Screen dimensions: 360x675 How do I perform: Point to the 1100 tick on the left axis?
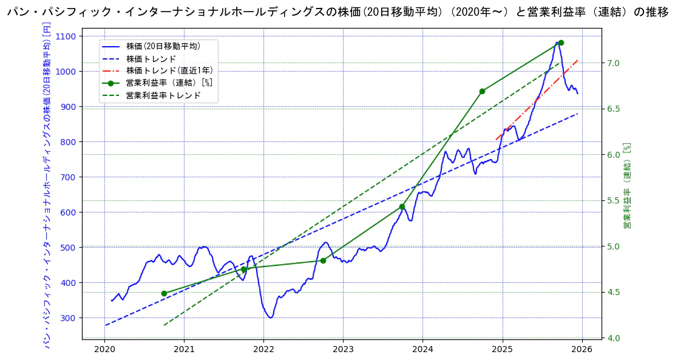(66, 36)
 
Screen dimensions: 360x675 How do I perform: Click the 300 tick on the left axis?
(68, 318)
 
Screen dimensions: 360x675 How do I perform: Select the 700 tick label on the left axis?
(68, 177)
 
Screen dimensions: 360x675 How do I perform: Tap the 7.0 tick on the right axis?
(612, 63)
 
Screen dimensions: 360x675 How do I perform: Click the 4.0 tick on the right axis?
(612, 338)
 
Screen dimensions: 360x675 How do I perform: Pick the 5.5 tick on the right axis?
(612, 201)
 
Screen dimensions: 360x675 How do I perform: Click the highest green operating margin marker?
(561, 43)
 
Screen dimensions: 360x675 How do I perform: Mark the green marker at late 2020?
(164, 293)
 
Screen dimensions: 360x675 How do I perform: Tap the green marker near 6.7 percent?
(482, 91)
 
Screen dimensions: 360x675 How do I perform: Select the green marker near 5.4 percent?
(402, 207)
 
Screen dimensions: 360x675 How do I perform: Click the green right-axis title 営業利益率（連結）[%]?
(628, 186)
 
